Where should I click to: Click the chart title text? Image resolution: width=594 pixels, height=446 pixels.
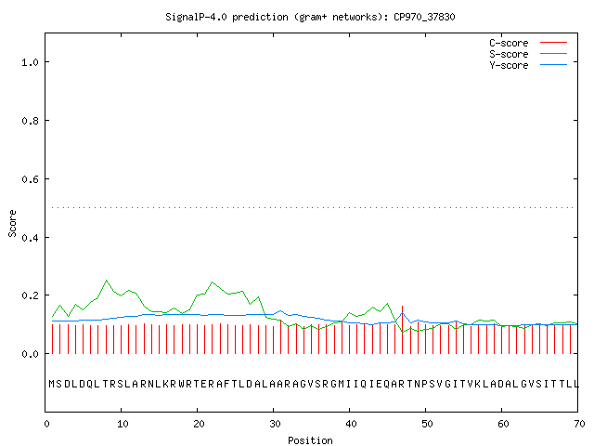[310, 17]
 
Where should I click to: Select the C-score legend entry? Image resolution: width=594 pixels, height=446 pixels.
[528, 43]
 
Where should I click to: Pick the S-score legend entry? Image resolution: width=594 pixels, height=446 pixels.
[528, 54]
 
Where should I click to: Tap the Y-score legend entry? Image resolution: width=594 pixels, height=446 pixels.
[528, 65]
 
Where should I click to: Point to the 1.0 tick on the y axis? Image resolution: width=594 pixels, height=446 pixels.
[30, 62]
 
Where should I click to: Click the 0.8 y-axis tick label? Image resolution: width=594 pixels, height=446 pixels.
[30, 121]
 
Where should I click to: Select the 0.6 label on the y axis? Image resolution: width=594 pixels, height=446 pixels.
[30, 179]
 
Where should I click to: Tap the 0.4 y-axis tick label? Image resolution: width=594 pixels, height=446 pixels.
[30, 238]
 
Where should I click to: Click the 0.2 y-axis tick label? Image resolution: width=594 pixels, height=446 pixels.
[30, 295]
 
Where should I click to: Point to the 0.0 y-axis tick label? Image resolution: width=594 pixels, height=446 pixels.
[30, 354]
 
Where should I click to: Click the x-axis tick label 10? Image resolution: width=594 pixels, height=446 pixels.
[123, 424]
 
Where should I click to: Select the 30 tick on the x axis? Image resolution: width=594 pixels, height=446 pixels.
[275, 424]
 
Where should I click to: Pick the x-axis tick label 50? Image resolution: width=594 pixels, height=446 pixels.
[427, 424]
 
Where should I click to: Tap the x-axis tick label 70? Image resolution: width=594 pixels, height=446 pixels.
[579, 424]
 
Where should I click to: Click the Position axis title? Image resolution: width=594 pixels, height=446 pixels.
[310, 440]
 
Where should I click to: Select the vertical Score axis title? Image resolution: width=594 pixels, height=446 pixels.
[12, 223]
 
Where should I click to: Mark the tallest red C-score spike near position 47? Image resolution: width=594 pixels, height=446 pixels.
[402, 330]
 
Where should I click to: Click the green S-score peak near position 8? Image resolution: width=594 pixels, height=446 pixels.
[107, 281]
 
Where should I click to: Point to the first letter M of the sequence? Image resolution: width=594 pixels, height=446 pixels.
[52, 384]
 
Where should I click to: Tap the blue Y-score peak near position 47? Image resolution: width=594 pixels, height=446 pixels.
[403, 314]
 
